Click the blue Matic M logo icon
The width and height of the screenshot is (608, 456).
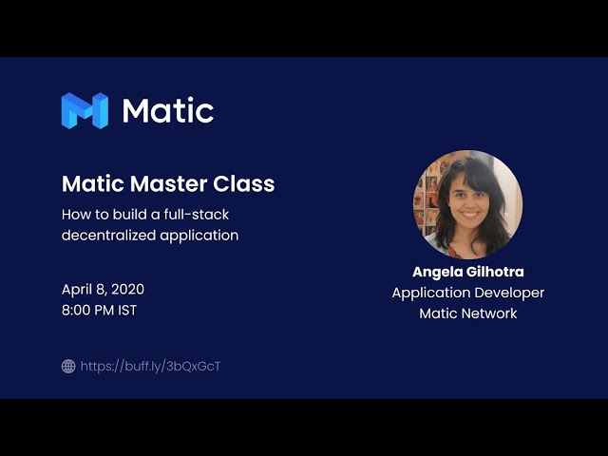click(x=85, y=110)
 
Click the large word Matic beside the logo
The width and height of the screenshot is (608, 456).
click(x=168, y=110)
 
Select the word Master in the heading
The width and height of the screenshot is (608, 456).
click(x=169, y=183)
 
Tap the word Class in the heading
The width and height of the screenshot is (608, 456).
click(x=244, y=183)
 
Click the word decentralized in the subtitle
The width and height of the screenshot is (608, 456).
click(x=108, y=236)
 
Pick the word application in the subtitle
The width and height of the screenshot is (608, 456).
click(x=199, y=237)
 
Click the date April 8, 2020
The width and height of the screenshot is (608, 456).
click(x=103, y=290)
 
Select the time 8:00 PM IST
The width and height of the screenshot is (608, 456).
click(x=99, y=311)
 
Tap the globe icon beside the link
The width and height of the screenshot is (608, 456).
click(x=68, y=366)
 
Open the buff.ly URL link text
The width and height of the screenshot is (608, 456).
click(x=150, y=367)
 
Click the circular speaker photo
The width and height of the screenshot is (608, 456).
click(x=468, y=205)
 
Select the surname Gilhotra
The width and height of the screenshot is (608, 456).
click(x=496, y=272)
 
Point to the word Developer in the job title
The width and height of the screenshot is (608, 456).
click(x=506, y=294)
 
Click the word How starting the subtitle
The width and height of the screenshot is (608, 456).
click(x=75, y=215)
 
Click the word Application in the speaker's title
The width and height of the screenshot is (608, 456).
click(x=428, y=294)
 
